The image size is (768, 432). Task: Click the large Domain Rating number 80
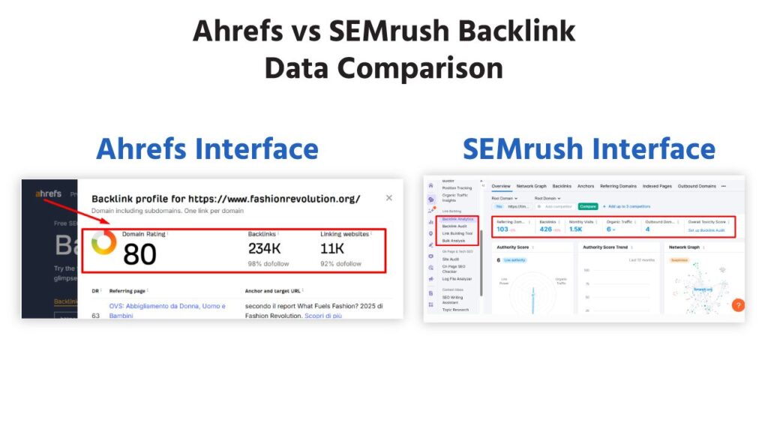[x=139, y=255]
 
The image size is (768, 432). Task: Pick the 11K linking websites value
[x=333, y=248]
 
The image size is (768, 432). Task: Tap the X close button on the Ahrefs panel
[x=388, y=198]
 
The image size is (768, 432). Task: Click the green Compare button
[x=587, y=205]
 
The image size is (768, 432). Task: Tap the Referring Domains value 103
[x=502, y=229]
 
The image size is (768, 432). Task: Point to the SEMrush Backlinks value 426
[x=545, y=229]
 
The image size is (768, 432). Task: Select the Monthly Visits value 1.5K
[x=575, y=229]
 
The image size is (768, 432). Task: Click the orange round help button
[x=737, y=305]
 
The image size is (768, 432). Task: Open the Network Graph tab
[x=531, y=186]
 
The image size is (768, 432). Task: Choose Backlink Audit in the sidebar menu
[x=454, y=226]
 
